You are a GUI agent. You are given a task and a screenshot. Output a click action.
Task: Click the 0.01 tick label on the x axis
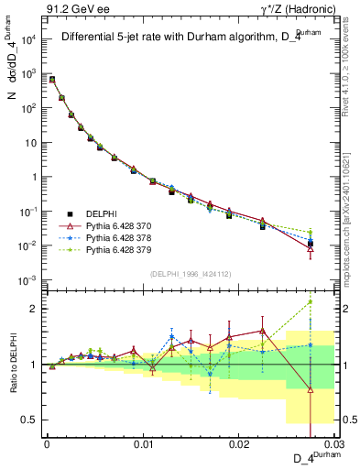(143, 442)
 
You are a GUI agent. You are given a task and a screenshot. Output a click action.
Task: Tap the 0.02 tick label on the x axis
(239, 442)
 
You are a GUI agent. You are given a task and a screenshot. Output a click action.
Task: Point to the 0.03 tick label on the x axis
(333, 442)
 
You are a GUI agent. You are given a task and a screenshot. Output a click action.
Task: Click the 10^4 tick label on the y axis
(29, 39)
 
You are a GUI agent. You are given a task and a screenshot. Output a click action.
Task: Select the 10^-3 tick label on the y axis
(29, 280)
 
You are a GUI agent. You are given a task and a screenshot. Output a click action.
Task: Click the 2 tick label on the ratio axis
(35, 309)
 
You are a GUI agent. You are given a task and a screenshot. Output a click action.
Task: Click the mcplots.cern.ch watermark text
(352, 220)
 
